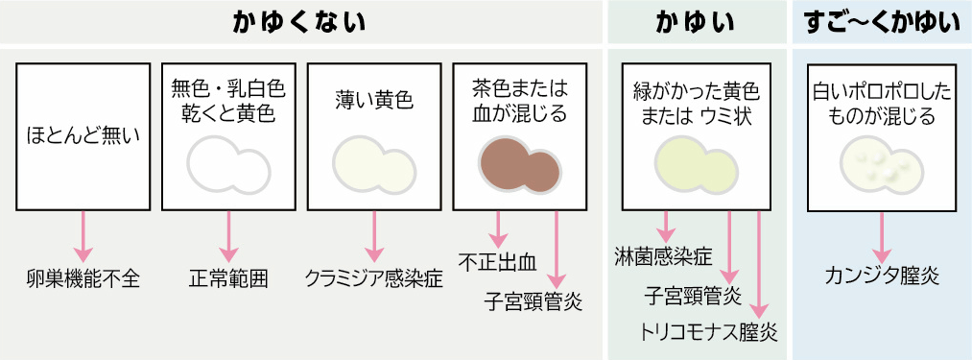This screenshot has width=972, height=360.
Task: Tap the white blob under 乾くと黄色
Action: pos(228,162)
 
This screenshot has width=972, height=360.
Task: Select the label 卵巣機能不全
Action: pos(83,279)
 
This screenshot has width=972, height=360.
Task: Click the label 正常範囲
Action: pos(228,279)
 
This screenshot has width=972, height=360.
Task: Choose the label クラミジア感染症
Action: pos(373,279)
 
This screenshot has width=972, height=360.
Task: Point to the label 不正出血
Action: pos(496,259)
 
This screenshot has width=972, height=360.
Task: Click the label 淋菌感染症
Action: pos(664,256)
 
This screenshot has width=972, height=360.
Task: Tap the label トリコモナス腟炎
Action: pos(709,332)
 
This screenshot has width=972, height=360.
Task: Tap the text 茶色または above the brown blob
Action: pos(519,88)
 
